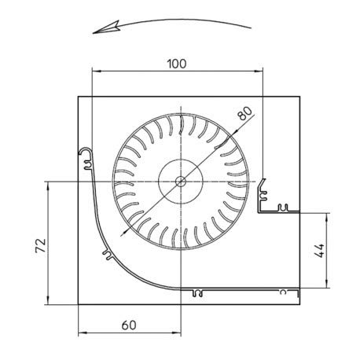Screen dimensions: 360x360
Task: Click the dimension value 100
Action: point(177,64)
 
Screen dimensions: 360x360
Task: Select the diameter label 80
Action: point(244,113)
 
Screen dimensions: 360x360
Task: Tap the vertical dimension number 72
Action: point(41,245)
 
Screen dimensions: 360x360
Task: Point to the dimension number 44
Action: point(320,251)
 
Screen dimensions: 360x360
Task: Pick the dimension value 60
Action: point(129,325)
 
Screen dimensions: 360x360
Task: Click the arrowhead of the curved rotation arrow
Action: point(106,28)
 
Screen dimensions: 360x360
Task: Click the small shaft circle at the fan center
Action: point(181,181)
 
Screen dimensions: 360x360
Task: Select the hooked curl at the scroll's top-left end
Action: point(86,152)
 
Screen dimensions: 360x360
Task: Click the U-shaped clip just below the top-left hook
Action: point(88,165)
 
